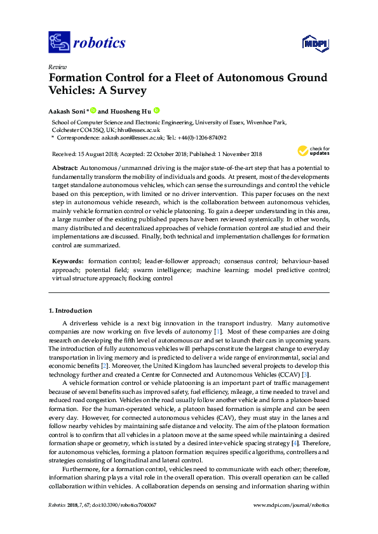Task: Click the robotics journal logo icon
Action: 59,43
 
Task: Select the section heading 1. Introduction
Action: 71,311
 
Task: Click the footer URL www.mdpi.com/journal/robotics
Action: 291,505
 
